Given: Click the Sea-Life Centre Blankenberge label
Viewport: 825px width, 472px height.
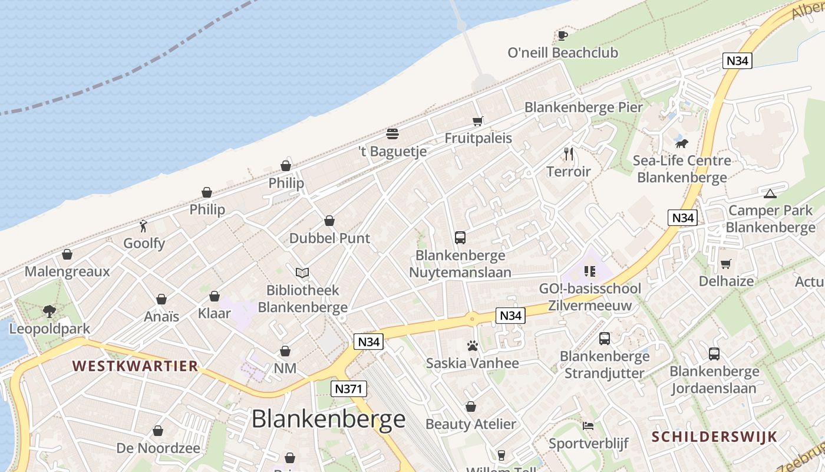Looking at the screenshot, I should click(x=682, y=169).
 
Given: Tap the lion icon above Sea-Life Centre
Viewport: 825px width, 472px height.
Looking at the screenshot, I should click(x=682, y=143).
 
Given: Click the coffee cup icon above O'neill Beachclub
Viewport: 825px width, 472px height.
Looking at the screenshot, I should click(x=563, y=35).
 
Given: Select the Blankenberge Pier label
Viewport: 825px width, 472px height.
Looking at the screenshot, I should click(x=583, y=107).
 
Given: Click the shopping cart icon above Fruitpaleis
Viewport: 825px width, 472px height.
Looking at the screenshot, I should click(x=478, y=121).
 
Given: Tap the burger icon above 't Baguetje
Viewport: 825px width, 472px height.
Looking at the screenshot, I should click(x=392, y=134).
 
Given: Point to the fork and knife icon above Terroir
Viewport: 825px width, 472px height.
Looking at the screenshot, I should click(x=569, y=154).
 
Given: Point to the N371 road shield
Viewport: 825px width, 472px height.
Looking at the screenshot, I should click(x=349, y=388).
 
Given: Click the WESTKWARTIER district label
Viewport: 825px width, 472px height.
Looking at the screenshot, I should click(x=135, y=366).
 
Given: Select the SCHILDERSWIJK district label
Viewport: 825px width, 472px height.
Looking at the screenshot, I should click(x=714, y=437).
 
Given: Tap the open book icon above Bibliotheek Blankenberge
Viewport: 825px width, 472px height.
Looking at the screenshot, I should click(x=302, y=273).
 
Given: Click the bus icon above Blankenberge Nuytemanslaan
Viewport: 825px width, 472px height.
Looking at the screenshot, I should click(x=460, y=238).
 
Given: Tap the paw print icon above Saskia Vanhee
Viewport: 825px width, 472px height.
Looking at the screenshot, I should click(x=472, y=346).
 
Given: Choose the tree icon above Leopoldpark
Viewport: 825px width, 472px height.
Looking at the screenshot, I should click(x=49, y=311).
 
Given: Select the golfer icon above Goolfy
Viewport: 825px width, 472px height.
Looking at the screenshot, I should click(x=143, y=225).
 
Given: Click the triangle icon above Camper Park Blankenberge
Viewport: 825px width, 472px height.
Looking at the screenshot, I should click(x=770, y=194).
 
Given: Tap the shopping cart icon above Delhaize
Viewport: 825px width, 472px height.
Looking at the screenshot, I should click(x=726, y=264).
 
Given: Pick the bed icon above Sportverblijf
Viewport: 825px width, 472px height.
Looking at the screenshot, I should click(x=588, y=426).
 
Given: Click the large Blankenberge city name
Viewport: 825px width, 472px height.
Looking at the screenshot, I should click(x=328, y=419).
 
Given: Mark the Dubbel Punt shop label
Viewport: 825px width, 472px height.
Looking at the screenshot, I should click(x=329, y=238).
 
